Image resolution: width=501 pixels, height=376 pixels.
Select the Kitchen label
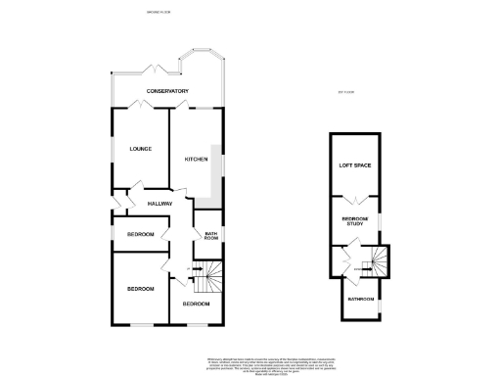coord(196,159)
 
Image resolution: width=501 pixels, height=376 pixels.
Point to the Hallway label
coord(159,203)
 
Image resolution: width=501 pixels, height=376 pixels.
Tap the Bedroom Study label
coord(353,221)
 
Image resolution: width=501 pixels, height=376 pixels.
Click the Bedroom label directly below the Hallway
coord(139,235)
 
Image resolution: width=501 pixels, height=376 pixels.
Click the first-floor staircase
coord(376,260)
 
